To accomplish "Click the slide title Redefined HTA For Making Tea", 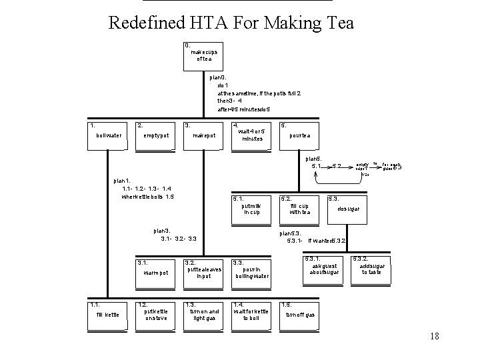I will point(231,23).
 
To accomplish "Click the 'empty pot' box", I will point(156,136).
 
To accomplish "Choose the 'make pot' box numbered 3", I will point(203,136).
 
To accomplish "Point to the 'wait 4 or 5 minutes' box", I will point(252,135).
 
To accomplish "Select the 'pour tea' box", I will point(299,136).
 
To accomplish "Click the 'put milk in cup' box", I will point(251,209).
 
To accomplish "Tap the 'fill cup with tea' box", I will point(299,209).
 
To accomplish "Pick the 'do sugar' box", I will point(347,209).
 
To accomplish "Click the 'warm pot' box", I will point(156,272).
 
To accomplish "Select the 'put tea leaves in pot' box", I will point(203,272).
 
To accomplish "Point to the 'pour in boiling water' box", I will point(251,272).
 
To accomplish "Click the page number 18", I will point(435,337).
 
